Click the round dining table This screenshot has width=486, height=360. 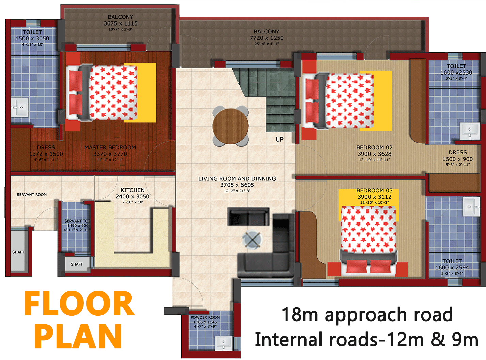[231, 126]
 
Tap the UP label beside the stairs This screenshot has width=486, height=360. [280, 139]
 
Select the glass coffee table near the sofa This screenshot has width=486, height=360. [252, 240]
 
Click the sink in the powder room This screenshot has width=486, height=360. [223, 343]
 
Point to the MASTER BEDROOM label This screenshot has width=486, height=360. [110, 147]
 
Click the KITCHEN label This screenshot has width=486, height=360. [132, 190]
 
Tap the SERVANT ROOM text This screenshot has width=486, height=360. [32, 195]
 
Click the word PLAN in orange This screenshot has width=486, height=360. [78, 336]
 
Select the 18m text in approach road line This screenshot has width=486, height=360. [300, 315]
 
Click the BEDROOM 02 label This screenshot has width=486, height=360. [374, 147]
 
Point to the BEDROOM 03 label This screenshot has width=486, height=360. [374, 191]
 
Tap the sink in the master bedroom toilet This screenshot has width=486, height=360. [20, 108]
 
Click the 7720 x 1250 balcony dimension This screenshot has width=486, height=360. [266, 38]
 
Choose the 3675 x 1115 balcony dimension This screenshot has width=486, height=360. [121, 23]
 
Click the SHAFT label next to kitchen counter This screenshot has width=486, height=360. [77, 264]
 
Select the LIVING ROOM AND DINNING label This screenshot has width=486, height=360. [237, 179]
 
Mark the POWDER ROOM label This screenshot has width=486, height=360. [205, 317]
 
